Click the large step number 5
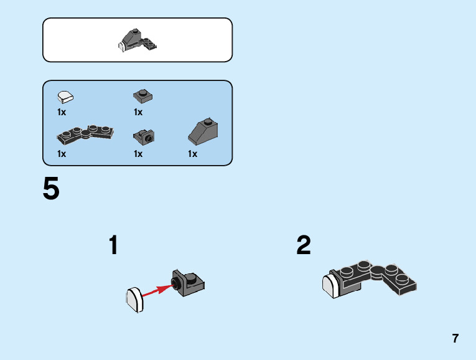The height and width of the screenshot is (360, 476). pyautogui.click(x=51, y=189)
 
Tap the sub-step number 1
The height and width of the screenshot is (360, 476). pyautogui.click(x=113, y=245)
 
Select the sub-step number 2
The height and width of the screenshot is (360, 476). pyautogui.click(x=304, y=245)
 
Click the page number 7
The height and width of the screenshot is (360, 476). pyautogui.click(x=455, y=339)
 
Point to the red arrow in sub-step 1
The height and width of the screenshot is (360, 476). pyautogui.click(x=156, y=290)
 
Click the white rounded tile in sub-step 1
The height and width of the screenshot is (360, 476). pyautogui.click(x=134, y=299)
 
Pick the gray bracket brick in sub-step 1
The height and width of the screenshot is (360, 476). pyautogui.click(x=189, y=283)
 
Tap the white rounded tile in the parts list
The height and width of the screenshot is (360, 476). pyautogui.click(x=65, y=97)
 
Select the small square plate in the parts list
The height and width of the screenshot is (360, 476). pyautogui.click(x=143, y=96)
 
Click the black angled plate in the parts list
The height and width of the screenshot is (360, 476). pyautogui.click(x=85, y=133)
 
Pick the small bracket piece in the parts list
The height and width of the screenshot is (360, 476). pyautogui.click(x=144, y=135)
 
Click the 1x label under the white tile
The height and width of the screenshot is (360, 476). pyautogui.click(x=62, y=113)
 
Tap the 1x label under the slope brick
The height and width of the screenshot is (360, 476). pyautogui.click(x=193, y=154)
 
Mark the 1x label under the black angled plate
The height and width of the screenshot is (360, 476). pyautogui.click(x=62, y=154)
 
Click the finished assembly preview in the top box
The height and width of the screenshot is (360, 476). pyautogui.click(x=137, y=40)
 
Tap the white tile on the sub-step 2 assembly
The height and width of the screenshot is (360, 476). pyautogui.click(x=330, y=287)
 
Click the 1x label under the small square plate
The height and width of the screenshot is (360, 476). pyautogui.click(x=138, y=113)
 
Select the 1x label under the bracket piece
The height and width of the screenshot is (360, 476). pyautogui.click(x=138, y=154)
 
